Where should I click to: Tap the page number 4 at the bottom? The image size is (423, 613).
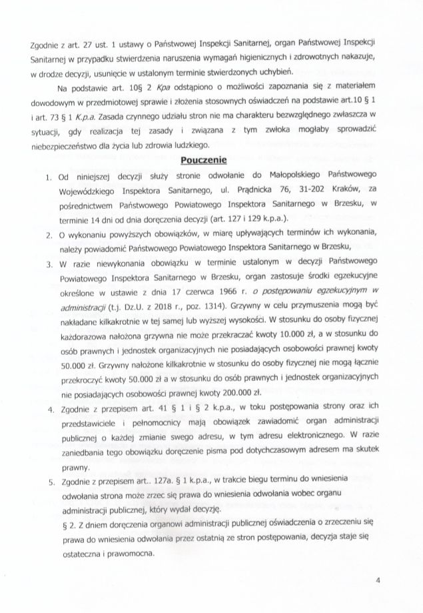[378, 581]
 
